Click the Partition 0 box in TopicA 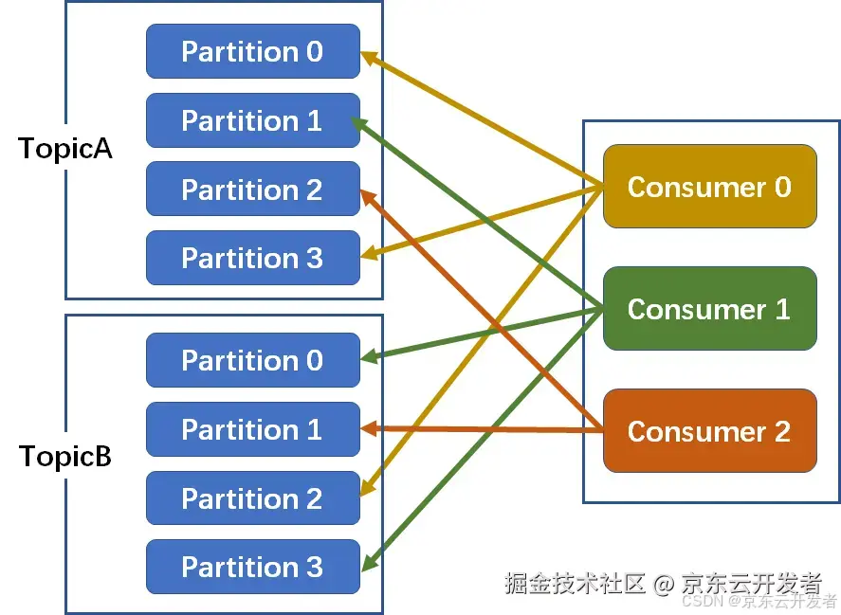252,51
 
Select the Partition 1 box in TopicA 252,120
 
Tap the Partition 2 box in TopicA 252,189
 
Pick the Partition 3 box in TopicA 252,258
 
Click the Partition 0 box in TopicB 252,360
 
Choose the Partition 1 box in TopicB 252,429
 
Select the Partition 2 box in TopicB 252,498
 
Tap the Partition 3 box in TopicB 252,567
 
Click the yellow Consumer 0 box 709,187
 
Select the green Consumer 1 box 709,309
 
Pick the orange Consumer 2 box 709,431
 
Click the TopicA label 65,149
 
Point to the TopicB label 65,457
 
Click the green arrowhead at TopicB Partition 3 368,563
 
